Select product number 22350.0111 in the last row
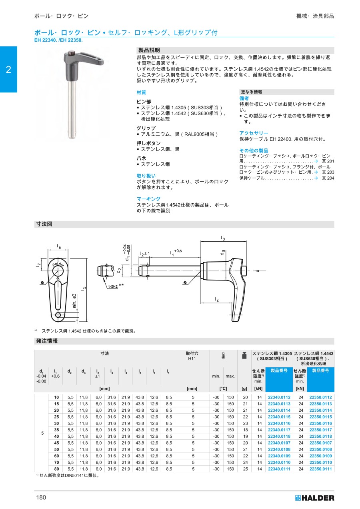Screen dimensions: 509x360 (320, 469)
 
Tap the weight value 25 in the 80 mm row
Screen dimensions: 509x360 (245, 469)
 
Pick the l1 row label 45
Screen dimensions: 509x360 (56, 443)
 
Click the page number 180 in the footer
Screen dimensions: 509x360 (41, 497)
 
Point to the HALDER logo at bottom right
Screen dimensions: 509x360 (314, 498)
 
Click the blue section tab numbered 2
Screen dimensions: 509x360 (8, 70)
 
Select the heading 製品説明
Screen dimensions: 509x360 (149, 50)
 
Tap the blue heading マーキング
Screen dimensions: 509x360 (148, 199)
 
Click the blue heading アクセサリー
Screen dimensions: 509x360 (254, 133)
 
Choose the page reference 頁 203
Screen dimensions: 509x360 (328, 172)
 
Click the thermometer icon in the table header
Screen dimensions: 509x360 (223, 356)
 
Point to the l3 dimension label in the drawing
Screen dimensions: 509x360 (223, 238)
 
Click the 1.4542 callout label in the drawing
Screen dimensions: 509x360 (112, 287)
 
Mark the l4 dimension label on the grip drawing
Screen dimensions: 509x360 (216, 299)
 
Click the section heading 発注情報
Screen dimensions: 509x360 (47, 341)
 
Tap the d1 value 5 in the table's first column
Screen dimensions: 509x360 (42, 433)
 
